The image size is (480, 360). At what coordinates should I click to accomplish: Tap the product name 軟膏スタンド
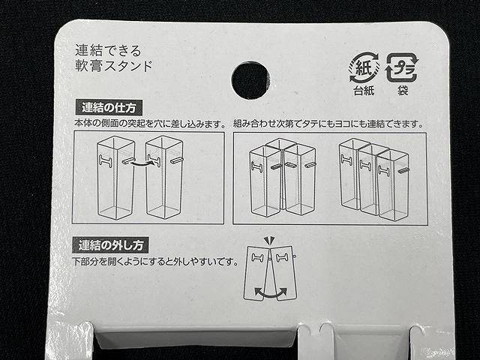(x=115, y=65)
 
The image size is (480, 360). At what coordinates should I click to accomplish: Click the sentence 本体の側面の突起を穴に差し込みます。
(x=150, y=124)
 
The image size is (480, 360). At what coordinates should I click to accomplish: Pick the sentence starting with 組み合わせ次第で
(x=328, y=124)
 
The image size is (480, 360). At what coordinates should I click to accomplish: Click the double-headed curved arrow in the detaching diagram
(x=271, y=289)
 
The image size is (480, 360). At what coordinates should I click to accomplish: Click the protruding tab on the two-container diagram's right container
(x=178, y=160)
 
